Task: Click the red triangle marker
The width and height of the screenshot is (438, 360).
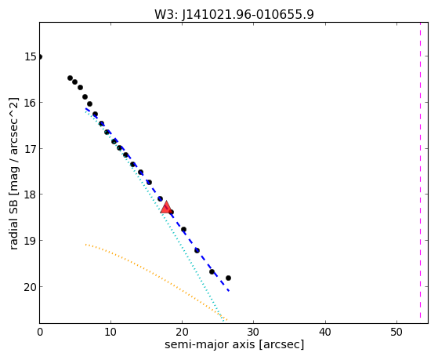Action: [x=166, y=207]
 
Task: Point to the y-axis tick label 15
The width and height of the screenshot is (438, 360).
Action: [x=31, y=56]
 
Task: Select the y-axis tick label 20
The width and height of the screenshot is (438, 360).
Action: [x=31, y=287]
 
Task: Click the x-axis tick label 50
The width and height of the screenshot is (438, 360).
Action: [x=396, y=332]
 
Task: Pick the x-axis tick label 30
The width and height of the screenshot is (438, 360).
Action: [x=253, y=332]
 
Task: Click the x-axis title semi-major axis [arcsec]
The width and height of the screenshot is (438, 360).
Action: [x=234, y=344]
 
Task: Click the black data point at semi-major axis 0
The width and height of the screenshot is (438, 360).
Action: [x=40, y=56]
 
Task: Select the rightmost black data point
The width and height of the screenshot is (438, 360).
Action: [x=228, y=278]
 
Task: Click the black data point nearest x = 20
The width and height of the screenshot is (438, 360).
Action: [x=183, y=229]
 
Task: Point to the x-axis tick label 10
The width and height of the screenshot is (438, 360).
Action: [x=110, y=332]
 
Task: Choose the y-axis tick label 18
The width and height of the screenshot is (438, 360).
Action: [x=31, y=195]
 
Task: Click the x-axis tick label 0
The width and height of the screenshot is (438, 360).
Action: [x=40, y=332]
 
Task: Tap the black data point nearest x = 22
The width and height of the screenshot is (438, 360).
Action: [x=197, y=250]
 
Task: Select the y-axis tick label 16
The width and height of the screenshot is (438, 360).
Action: [x=31, y=103]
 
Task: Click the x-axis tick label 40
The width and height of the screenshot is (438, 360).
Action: [x=325, y=332]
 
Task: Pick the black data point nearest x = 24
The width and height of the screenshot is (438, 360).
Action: [x=212, y=271]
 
